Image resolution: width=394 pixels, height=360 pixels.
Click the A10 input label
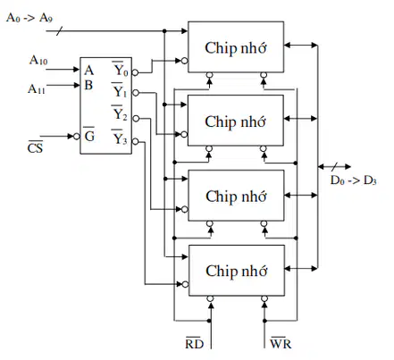tap(38, 60)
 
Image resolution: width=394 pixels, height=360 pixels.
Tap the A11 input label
tap(37, 88)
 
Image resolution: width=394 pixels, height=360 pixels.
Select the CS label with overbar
tap(35, 147)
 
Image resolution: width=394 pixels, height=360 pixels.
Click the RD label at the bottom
tap(195, 343)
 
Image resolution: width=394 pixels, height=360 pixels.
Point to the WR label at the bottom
tap(281, 343)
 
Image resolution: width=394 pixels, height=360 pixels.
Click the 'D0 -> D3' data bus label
tap(354, 180)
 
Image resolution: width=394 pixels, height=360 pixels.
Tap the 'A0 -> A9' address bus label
tap(29, 18)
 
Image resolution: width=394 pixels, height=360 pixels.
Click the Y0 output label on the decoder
tap(120, 69)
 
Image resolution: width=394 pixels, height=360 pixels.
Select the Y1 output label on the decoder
tap(120, 90)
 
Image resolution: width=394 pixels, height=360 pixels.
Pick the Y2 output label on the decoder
tap(120, 113)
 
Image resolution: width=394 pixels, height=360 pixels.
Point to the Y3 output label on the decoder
tap(120, 138)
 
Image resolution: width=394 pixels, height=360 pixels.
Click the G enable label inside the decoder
tap(89, 135)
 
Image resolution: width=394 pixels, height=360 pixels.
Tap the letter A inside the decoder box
tap(88, 71)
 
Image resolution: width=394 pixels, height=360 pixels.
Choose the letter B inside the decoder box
tap(88, 85)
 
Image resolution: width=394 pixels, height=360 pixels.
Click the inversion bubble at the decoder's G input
tap(77, 137)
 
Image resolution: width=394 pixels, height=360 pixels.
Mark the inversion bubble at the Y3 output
tap(135, 141)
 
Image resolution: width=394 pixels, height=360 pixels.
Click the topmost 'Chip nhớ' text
tap(236, 47)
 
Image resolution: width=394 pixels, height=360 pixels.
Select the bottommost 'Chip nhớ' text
tap(236, 271)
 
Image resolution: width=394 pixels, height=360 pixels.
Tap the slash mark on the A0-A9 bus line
tap(60, 31)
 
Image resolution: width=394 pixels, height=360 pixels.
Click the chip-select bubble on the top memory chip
tap(185, 61)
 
